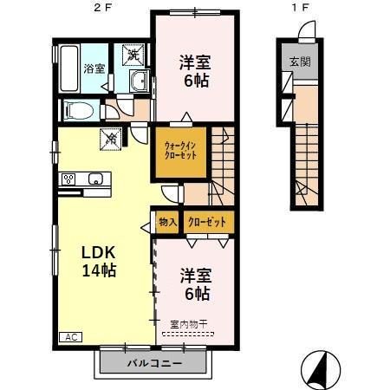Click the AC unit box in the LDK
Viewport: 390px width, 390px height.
click(71, 337)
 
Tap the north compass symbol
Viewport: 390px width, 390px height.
click(321, 370)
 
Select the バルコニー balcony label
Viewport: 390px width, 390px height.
click(155, 363)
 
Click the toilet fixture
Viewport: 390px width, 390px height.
click(78, 110)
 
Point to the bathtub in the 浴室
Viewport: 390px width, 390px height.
click(68, 68)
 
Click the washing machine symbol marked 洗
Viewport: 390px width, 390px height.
click(133, 55)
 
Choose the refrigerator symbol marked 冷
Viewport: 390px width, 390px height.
click(111, 140)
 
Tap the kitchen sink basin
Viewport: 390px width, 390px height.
click(95, 179)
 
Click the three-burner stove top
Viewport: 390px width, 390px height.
click(68, 179)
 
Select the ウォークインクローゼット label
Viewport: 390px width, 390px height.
click(180, 151)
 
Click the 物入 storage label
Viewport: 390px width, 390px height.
click(167, 222)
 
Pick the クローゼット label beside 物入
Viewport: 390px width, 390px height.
click(207, 222)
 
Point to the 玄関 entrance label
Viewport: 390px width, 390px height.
click(300, 62)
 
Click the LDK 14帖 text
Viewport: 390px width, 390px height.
click(99, 261)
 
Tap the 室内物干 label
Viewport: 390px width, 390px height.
click(188, 324)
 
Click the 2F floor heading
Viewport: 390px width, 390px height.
click(102, 8)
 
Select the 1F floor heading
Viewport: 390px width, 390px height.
click(300, 8)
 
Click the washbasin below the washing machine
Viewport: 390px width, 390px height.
click(140, 81)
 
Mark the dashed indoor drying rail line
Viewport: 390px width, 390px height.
click(188, 335)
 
